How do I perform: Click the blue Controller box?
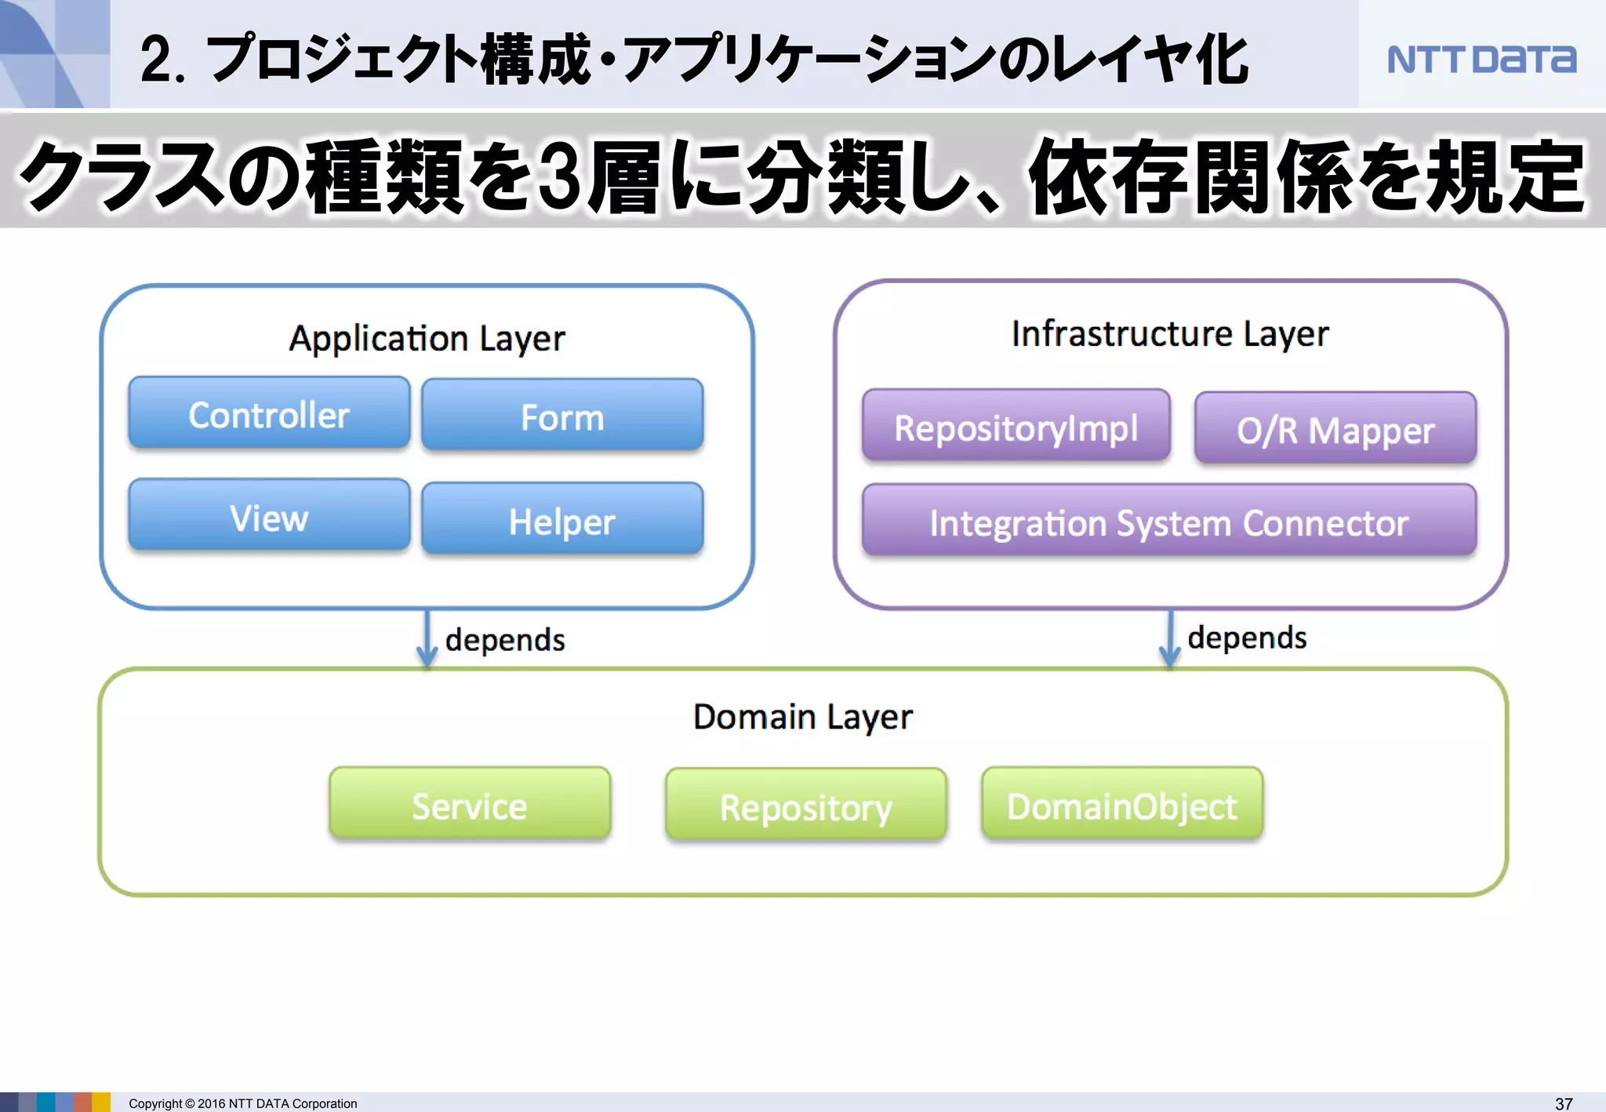point(269,413)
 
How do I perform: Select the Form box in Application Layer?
point(562,416)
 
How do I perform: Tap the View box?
point(269,516)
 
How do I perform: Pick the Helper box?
point(562,520)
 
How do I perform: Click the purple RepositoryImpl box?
point(1016,426)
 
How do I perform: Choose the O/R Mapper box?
point(1335,429)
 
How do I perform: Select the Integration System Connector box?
point(1168,521)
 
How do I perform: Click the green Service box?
point(470,805)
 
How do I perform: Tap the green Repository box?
point(805,805)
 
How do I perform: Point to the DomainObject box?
point(1122,805)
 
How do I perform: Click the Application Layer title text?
point(427,339)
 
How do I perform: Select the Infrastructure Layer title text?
point(1169,334)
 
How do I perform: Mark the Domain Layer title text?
point(803,717)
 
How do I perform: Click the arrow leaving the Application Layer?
point(427,638)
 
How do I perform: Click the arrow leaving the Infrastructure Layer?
point(1169,638)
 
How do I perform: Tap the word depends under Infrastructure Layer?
point(1247,638)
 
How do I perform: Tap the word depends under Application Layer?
point(505,640)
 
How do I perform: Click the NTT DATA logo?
point(1481,60)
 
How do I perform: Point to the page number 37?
point(1563,1103)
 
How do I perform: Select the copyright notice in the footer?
point(243,1103)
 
